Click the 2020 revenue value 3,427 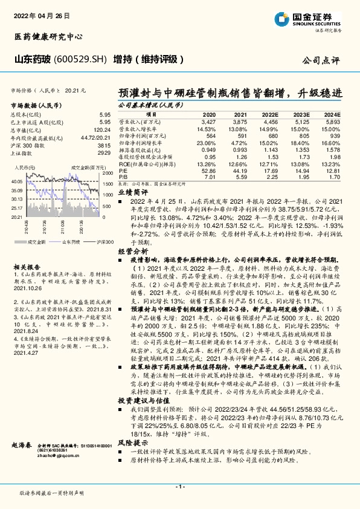(x=208, y=122)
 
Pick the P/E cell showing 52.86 (x=208, y=171)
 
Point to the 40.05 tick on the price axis (x=16, y=181)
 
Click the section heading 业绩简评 (x=129, y=189)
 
